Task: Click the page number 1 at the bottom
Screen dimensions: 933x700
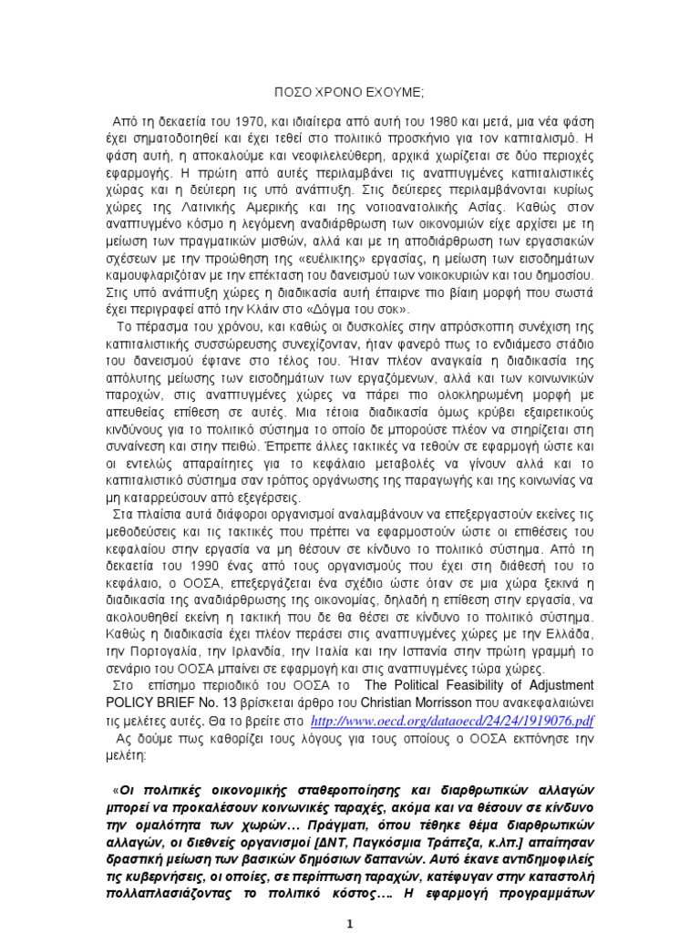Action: click(350, 923)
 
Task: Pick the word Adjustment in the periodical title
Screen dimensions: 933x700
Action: click(558, 684)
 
